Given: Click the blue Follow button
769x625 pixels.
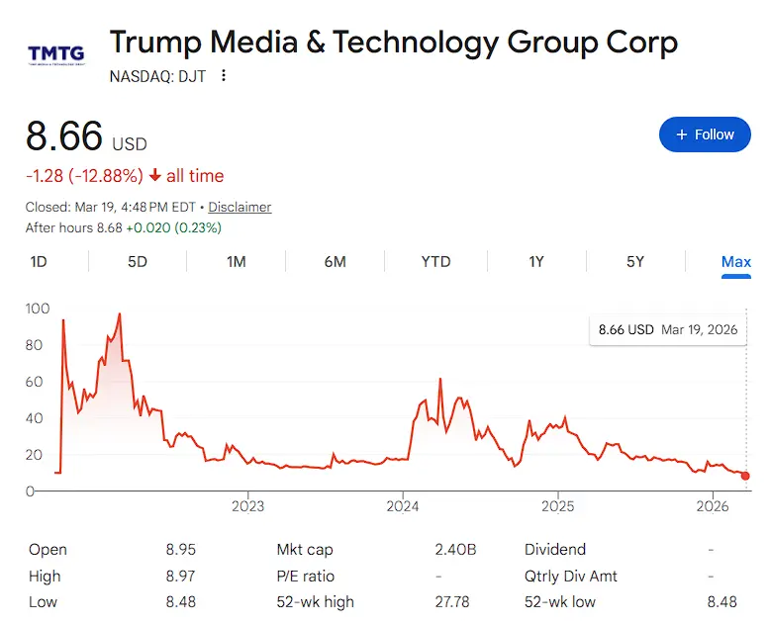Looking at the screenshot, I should pos(705,134).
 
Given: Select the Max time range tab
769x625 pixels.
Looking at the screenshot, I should pos(735,262).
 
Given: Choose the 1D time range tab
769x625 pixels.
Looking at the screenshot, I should pos(39,262).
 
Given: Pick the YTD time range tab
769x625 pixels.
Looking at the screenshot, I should pos(435,262).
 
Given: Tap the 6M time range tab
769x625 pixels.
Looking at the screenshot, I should pos(335,262).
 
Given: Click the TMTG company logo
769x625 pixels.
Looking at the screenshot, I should pos(55,53).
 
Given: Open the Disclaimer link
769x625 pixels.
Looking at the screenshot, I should pos(240,208).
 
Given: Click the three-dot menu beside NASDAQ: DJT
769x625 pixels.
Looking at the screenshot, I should pos(224,75).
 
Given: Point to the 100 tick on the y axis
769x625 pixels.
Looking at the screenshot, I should pos(37,309).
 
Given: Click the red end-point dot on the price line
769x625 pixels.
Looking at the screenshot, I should pos(745,476).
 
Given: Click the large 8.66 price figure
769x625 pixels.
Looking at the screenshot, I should pos(64,137).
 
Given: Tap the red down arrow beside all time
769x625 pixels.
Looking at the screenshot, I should pos(154,176).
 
